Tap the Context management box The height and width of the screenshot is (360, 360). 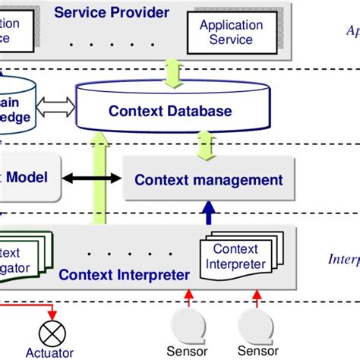point(208,180)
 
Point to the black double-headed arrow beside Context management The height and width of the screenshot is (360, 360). point(92,178)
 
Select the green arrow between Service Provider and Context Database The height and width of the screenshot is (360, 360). point(170,74)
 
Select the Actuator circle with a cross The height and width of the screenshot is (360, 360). point(52,330)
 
